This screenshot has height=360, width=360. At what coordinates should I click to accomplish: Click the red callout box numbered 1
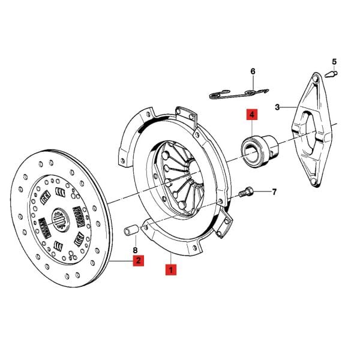171,270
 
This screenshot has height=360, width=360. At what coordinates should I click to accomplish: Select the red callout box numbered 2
137,260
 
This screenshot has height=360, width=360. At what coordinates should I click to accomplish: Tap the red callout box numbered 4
250,114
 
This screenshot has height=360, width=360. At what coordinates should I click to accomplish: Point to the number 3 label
277,107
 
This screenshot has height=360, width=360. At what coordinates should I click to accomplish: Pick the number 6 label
253,71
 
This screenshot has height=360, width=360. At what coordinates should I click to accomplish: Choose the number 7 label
274,192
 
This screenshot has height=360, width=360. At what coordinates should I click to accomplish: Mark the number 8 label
135,250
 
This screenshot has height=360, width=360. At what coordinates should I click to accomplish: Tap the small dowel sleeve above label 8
133,229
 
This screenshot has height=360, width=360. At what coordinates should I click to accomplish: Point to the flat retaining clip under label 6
240,94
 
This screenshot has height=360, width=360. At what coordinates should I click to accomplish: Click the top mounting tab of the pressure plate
187,114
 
